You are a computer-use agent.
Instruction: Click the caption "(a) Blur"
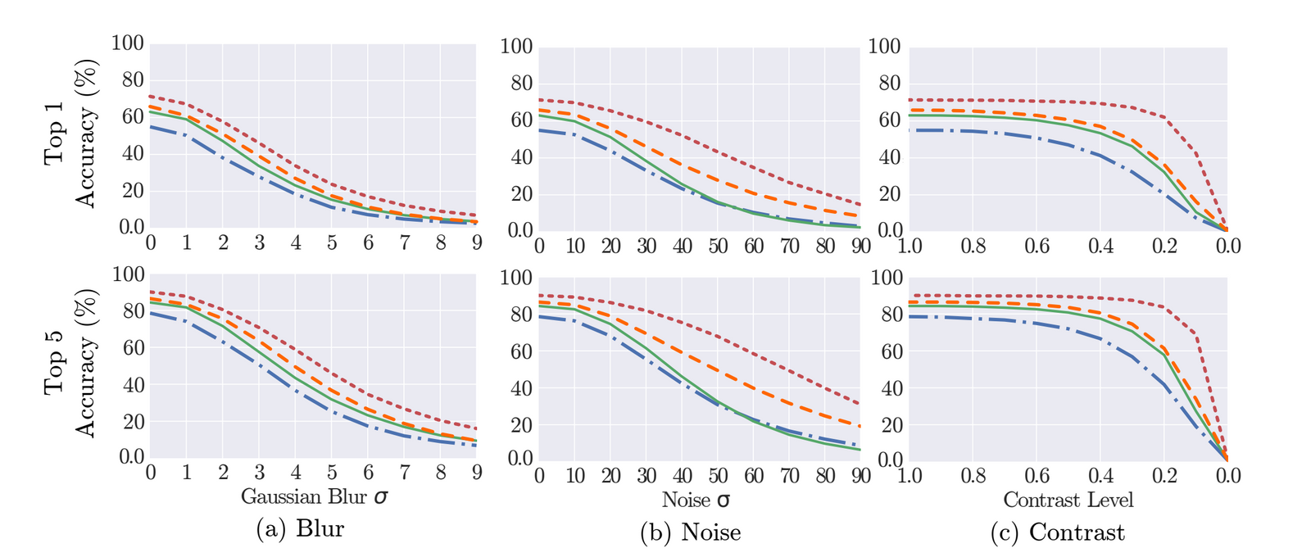pos(300,529)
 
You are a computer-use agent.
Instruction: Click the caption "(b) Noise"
pos(690,532)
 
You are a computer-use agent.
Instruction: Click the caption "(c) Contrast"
pos(1058,532)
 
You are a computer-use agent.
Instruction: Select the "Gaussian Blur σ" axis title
pos(315,496)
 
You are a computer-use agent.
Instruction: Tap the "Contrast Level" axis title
pos(1068,499)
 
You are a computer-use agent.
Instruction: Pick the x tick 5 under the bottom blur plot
pos(332,473)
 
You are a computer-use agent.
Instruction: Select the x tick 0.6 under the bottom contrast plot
pos(1037,476)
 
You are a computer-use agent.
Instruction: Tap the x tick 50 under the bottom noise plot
pos(718,476)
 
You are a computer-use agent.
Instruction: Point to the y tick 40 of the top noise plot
pos(522,158)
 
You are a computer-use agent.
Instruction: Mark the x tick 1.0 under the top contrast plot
pos(910,247)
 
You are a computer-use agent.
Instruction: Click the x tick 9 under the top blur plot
pos(476,243)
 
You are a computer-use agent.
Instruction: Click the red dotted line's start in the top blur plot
pos(152,97)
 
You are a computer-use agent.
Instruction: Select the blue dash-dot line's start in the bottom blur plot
pos(152,313)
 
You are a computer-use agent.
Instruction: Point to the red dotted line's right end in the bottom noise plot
pos(860,404)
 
